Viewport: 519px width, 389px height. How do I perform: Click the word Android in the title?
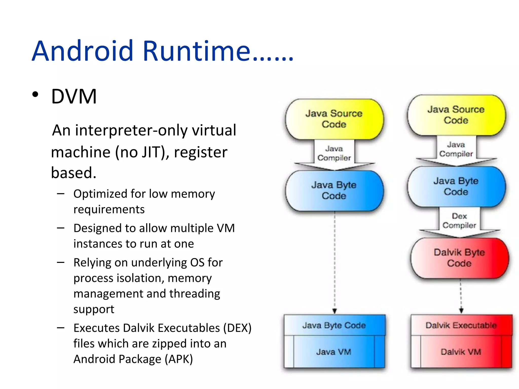82,51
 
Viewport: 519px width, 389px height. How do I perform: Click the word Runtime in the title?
196,51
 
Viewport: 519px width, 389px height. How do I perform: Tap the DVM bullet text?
74,96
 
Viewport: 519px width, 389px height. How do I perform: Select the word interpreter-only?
131,130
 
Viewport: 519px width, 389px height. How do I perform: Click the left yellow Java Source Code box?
334,119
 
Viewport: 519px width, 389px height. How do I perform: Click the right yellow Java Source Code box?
456,115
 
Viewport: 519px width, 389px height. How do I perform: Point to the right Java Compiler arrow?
456,150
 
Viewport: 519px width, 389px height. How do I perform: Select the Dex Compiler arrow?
459,221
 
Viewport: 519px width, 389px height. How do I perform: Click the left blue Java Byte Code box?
334,190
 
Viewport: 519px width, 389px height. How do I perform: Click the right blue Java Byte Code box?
456,186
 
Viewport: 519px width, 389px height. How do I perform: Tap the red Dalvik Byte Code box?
459,258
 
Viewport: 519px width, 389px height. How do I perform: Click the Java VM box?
334,352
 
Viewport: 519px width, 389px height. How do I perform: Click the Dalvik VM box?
461,352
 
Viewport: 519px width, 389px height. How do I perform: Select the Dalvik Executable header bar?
461,325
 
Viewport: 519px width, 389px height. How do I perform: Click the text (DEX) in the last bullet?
237,328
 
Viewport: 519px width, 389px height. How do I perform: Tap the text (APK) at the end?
179,359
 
